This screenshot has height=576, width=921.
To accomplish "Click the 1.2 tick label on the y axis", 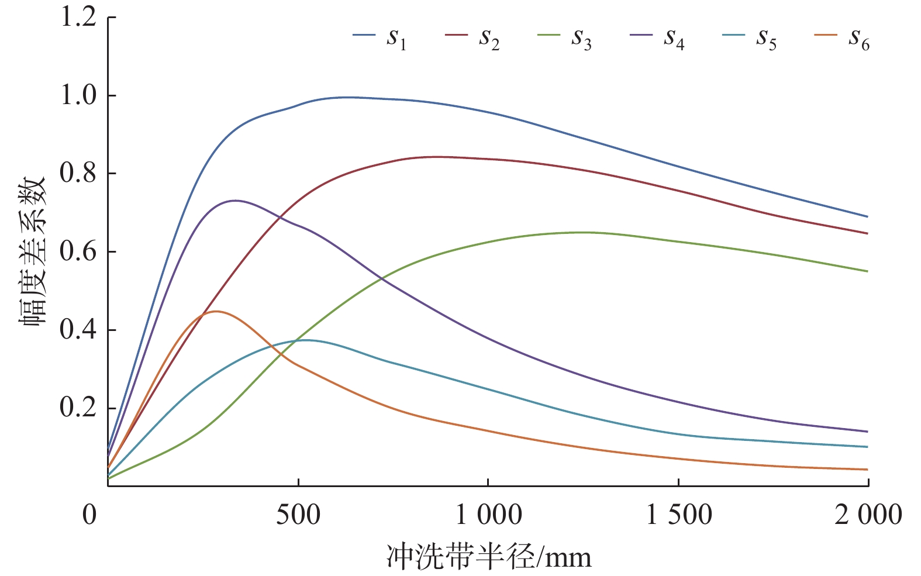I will click(78, 18).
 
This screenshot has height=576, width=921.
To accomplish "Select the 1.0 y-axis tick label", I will click(78, 95).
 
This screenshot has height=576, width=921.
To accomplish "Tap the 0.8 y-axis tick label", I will click(78, 174).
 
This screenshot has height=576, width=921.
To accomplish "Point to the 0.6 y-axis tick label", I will click(78, 252).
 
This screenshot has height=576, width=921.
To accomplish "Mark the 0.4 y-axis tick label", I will click(78, 330).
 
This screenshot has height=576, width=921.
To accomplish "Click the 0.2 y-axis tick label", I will click(78, 408).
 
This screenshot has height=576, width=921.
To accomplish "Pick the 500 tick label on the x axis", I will click(298, 515).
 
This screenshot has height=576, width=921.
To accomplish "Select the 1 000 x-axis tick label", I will click(488, 515).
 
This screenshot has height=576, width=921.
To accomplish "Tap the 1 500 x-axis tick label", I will click(678, 515).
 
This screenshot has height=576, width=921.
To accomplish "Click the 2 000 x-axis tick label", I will click(868, 515).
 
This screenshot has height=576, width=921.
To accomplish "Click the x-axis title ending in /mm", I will click(488, 556).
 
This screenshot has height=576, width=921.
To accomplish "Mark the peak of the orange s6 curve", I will click(216, 311).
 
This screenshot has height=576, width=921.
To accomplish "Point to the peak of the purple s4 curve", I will click(234, 201).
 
